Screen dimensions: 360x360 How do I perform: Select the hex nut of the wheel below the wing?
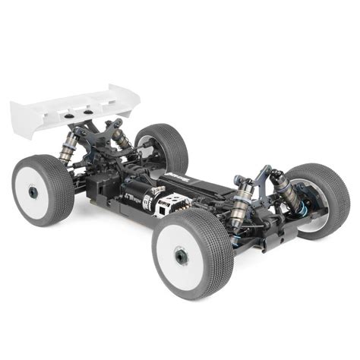pos(33,192)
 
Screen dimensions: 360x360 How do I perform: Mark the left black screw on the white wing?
pos(63,112)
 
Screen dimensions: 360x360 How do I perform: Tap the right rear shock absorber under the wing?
pos(119,138)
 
